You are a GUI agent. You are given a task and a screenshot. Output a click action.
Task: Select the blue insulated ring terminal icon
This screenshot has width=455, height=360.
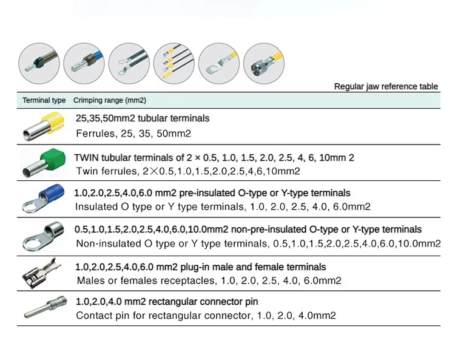(44, 200)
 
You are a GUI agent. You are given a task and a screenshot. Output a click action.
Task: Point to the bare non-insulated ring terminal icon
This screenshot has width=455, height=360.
(44, 237)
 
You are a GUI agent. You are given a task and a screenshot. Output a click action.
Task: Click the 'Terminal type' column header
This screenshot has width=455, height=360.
(44, 100)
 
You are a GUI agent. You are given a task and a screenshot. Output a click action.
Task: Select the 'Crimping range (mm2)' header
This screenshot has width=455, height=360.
(109, 100)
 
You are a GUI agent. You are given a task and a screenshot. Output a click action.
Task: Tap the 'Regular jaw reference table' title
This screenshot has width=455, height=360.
(386, 86)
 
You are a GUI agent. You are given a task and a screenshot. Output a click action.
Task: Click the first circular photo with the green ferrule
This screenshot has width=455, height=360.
(39, 62)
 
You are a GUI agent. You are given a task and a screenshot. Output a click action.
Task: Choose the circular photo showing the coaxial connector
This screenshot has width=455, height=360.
(263, 62)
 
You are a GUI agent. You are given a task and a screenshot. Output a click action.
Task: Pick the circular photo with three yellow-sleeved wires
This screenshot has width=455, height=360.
(174, 62)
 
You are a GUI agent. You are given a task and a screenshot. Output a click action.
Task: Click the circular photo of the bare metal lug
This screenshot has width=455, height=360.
(219, 62)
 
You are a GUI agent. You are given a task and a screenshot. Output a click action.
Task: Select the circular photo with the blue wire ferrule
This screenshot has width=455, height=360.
(84, 62)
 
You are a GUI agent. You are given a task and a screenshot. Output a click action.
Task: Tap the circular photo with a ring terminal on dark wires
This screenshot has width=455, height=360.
(129, 62)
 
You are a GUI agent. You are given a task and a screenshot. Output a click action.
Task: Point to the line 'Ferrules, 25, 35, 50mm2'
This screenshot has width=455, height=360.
(133, 133)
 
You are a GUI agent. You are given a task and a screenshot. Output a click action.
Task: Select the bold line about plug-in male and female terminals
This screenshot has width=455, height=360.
(200, 267)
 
